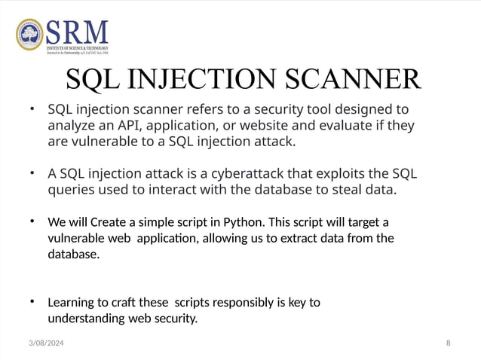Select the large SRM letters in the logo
(77, 31)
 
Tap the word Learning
(72, 304)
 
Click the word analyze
(70, 126)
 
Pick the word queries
(71, 190)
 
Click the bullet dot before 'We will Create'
(32, 222)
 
